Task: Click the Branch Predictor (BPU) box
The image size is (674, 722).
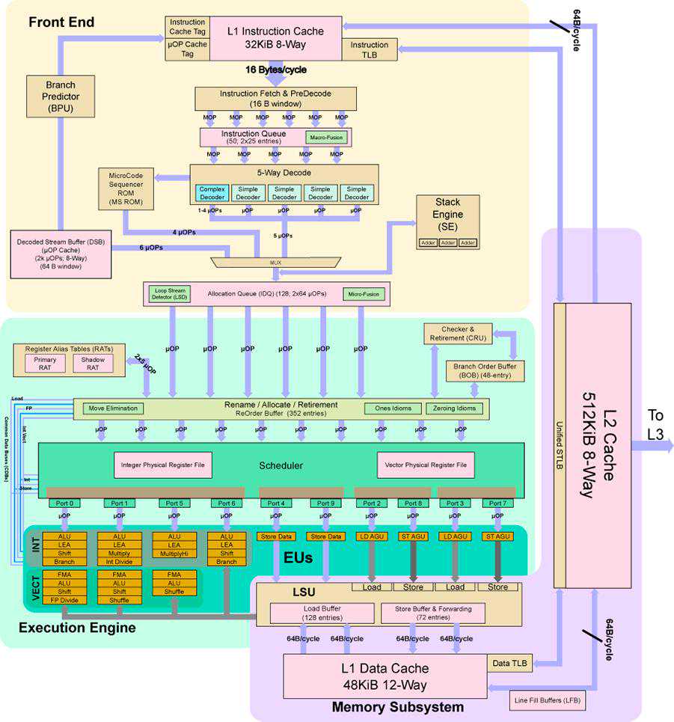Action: point(61,95)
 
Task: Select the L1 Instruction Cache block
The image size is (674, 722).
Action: point(276,37)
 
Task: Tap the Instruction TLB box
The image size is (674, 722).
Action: point(369,50)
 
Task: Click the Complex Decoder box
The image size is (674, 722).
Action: point(211,192)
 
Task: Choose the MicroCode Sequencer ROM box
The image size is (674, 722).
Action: point(126,189)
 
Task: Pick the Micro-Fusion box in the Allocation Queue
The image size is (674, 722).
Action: point(362,294)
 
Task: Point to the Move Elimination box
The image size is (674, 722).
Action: point(112,409)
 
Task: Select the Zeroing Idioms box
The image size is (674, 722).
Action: point(455,409)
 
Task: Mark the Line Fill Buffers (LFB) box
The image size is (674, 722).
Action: point(548,701)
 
